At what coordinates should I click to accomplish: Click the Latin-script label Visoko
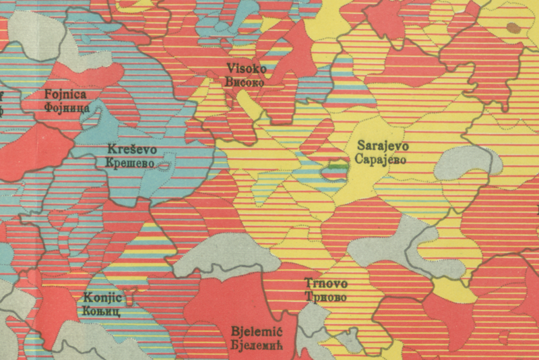247,68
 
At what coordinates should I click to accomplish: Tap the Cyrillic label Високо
247,78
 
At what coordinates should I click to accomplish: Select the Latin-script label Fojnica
63,94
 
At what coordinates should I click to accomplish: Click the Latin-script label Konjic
102,298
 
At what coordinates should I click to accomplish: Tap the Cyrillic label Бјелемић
255,345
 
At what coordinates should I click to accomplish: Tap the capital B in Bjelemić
234,332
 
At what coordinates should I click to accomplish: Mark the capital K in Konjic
88,298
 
